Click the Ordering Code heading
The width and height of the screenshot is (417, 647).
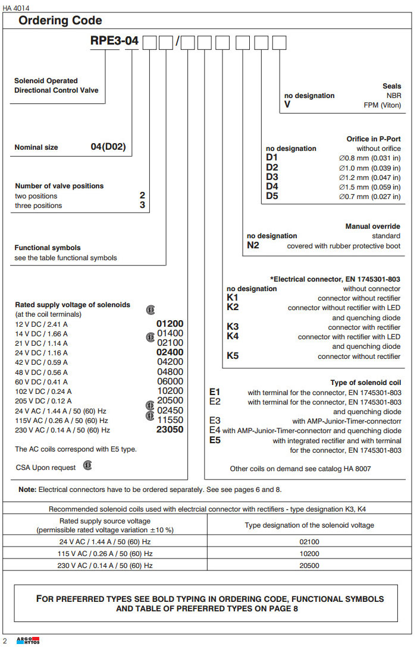[60, 21]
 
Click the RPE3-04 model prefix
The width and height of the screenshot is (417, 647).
[114, 42]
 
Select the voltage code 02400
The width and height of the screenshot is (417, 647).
[170, 352]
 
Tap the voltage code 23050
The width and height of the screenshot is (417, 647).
[170, 430]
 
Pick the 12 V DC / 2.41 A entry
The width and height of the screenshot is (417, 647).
[41, 324]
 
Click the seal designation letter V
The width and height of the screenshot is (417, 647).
[288, 105]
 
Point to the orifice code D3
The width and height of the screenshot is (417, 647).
[272, 177]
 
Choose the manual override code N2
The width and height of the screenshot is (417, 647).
[253, 245]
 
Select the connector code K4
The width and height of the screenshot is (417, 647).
[233, 337]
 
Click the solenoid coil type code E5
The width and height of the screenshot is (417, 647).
[215, 440]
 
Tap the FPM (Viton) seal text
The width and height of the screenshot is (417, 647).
[382, 105]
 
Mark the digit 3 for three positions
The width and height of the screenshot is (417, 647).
[142, 205]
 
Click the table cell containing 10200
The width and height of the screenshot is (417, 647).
[309, 554]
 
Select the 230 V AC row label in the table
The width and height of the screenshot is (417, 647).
[105, 566]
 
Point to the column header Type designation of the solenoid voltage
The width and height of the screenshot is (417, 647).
[309, 525]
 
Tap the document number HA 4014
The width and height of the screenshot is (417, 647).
[16, 7]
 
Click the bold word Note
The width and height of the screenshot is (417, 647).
[27, 490]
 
